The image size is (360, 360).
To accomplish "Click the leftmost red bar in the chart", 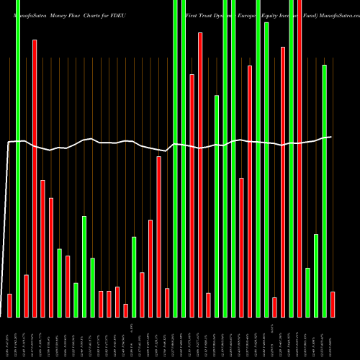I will pos(9,305).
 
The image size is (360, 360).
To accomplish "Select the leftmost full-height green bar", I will pos(18,158).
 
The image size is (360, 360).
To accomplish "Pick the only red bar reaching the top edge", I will pos(299,158).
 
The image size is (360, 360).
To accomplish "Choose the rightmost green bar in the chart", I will pos(324,191).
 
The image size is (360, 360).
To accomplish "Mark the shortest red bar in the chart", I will pos(125,310).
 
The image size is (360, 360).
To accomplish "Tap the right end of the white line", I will pos(330,137).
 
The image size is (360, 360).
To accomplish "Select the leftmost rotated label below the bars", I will pos(9,338).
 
